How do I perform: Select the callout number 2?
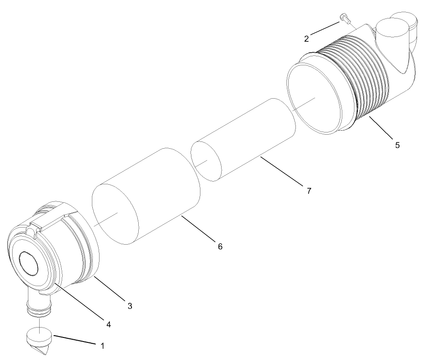tap(307, 38)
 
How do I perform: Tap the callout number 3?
tap(130, 306)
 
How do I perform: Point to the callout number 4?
tap(108, 324)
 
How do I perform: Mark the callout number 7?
tap(309, 191)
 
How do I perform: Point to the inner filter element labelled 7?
tap(243, 140)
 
